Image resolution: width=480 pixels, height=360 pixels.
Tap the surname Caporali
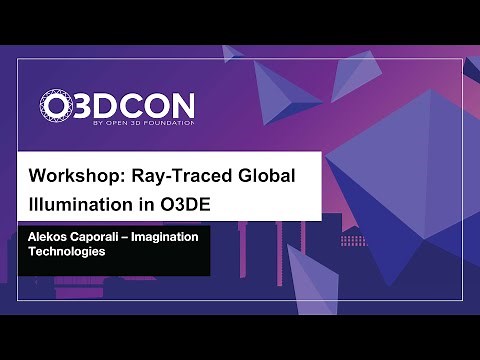(x=106, y=237)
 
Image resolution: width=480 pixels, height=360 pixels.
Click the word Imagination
(x=172, y=237)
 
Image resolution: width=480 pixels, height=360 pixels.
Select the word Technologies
(x=71, y=252)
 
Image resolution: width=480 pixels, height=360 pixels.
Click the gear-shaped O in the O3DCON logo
(x=56, y=105)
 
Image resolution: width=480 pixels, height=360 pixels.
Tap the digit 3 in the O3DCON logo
(x=84, y=105)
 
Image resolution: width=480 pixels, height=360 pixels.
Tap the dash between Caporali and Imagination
(x=138, y=237)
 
